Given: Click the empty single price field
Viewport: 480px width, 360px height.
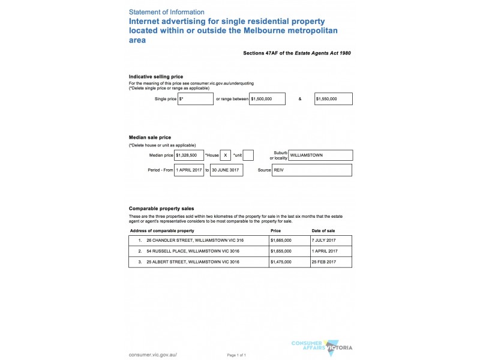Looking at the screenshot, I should coord(196,98).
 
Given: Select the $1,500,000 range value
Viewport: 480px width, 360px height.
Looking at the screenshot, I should coord(267,98).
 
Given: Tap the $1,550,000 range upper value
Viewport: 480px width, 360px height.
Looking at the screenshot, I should coord(333,98).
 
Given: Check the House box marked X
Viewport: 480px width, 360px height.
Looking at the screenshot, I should coord(226,155).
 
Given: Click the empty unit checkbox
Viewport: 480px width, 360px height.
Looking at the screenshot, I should coord(248,155).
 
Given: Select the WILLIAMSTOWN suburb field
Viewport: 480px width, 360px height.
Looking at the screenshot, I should coord(320,155).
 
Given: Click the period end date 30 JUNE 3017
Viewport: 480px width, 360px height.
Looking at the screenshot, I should coord(229,170).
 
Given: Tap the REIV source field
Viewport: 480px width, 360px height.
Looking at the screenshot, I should coord(311,170).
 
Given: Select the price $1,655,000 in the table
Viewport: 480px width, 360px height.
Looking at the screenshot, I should coord(281,251).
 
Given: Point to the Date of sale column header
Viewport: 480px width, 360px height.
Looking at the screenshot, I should coord(323,230).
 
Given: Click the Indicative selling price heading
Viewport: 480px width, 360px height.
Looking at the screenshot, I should coord(156,76).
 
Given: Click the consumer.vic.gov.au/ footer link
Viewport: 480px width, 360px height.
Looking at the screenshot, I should coord(153,355).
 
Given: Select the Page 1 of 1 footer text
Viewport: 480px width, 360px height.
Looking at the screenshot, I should coord(236,355).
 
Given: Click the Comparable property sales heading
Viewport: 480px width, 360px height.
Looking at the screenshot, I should coord(161,208).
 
